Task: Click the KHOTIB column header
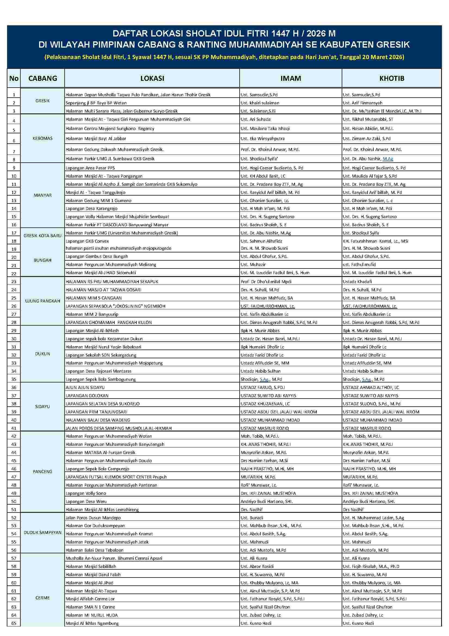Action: point(391,78)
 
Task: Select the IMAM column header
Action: point(290,78)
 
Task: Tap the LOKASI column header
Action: point(152,78)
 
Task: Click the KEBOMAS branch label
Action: point(43,138)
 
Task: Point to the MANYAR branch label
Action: point(43,195)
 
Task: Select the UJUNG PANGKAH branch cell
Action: point(43,301)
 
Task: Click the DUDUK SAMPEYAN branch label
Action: point(43,532)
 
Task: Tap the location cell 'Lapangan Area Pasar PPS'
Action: point(90,168)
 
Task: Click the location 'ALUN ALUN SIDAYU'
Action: point(85,388)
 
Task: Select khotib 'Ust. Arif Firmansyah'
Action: point(362,103)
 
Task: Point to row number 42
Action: point(14,436)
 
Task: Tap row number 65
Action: point(14,623)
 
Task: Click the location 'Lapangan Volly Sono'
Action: point(86,493)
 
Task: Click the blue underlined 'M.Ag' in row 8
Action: point(388,159)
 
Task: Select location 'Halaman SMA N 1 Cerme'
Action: point(90,607)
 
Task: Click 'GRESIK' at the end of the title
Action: point(390,45)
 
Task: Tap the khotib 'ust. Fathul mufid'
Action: point(359,264)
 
